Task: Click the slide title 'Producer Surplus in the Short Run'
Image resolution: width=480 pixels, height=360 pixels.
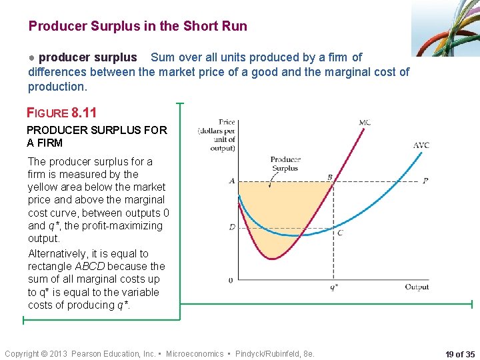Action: (137, 27)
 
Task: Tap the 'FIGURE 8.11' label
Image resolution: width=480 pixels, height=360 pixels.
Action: (61, 113)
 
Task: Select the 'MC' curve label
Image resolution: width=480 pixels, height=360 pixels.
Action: (365, 123)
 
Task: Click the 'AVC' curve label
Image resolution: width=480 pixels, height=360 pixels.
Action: (421, 145)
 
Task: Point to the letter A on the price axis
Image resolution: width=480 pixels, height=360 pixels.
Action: (231, 181)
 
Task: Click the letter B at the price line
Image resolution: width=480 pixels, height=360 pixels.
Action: (329, 177)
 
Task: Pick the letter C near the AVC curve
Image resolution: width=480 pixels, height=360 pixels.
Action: (340, 233)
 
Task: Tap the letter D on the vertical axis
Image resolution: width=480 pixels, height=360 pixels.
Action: (232, 227)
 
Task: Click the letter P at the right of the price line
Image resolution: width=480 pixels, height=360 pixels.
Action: (425, 181)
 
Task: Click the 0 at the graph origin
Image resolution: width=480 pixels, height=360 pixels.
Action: (231, 280)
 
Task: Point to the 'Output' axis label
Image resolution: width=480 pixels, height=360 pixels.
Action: (417, 287)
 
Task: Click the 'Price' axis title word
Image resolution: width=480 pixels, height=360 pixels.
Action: (227, 122)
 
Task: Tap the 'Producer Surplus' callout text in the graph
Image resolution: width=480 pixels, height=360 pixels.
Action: (285, 163)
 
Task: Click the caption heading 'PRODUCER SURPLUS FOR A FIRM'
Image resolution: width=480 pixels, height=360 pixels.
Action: (97, 136)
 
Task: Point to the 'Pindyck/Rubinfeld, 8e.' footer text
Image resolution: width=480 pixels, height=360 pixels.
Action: (273, 353)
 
